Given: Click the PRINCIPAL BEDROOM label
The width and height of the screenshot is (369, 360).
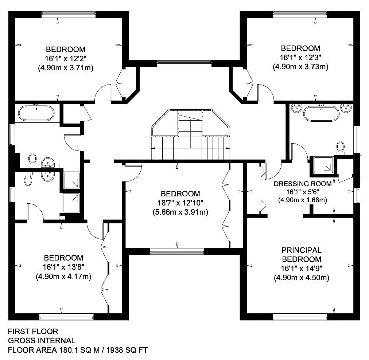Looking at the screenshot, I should pos(302,255).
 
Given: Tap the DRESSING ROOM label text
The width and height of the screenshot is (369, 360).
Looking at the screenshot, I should pos(302,184).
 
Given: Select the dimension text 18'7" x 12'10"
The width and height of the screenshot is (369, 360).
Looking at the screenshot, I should pos(180,203).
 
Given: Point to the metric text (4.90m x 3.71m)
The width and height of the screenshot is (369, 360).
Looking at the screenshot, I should pos(65,67).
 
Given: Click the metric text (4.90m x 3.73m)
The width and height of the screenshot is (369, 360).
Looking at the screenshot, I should pos(300,67).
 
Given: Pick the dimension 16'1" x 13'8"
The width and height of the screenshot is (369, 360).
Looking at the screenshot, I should pos(63,267).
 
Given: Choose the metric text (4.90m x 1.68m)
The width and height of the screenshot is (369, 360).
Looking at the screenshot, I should pos(302,200).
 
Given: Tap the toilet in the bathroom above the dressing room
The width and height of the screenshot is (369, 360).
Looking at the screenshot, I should pos(341,147).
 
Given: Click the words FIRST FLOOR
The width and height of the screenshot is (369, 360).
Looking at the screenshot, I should pos(33,332).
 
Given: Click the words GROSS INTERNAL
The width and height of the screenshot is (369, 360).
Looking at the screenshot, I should pos(42,341).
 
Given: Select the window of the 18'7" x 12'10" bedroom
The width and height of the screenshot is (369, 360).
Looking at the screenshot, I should pos(177,251).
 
